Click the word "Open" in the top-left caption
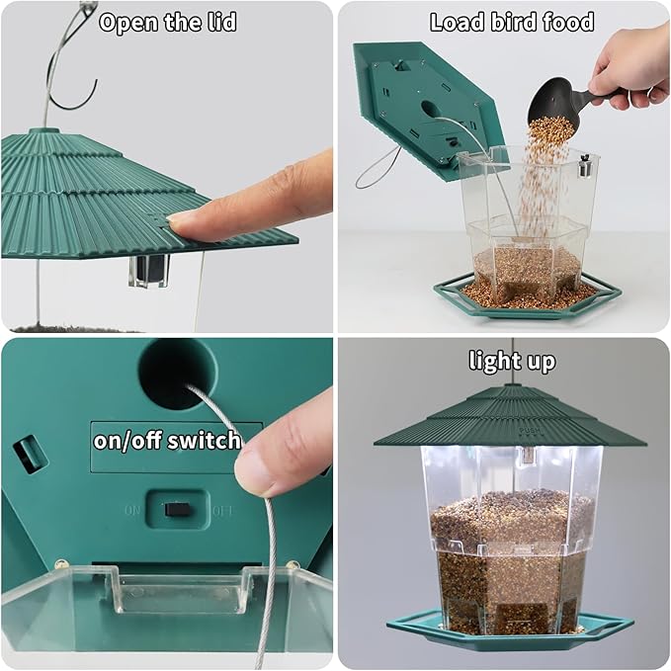click(x=128, y=22)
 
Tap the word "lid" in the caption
click(x=218, y=22)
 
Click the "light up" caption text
click(x=511, y=361)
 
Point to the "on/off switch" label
click(x=167, y=439)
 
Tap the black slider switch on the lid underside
click(x=176, y=509)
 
